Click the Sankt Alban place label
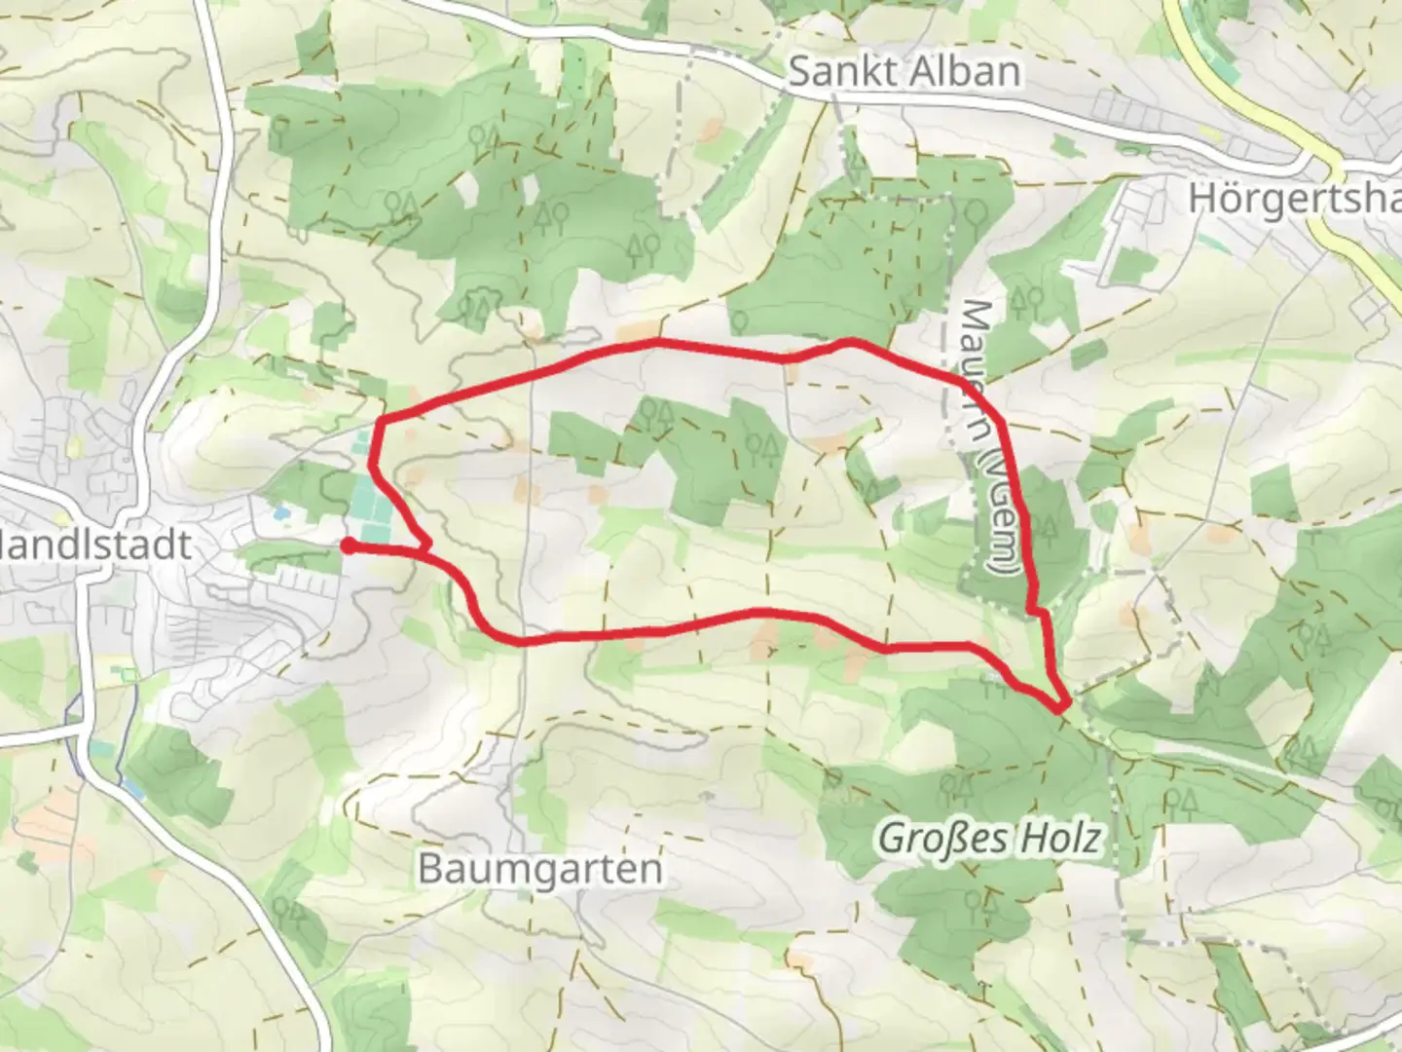tap(904, 72)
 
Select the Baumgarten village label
tap(540, 868)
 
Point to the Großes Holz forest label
tap(991, 838)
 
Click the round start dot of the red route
tap(348, 546)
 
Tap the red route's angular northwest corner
tap(379, 422)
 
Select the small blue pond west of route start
tap(281, 511)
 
